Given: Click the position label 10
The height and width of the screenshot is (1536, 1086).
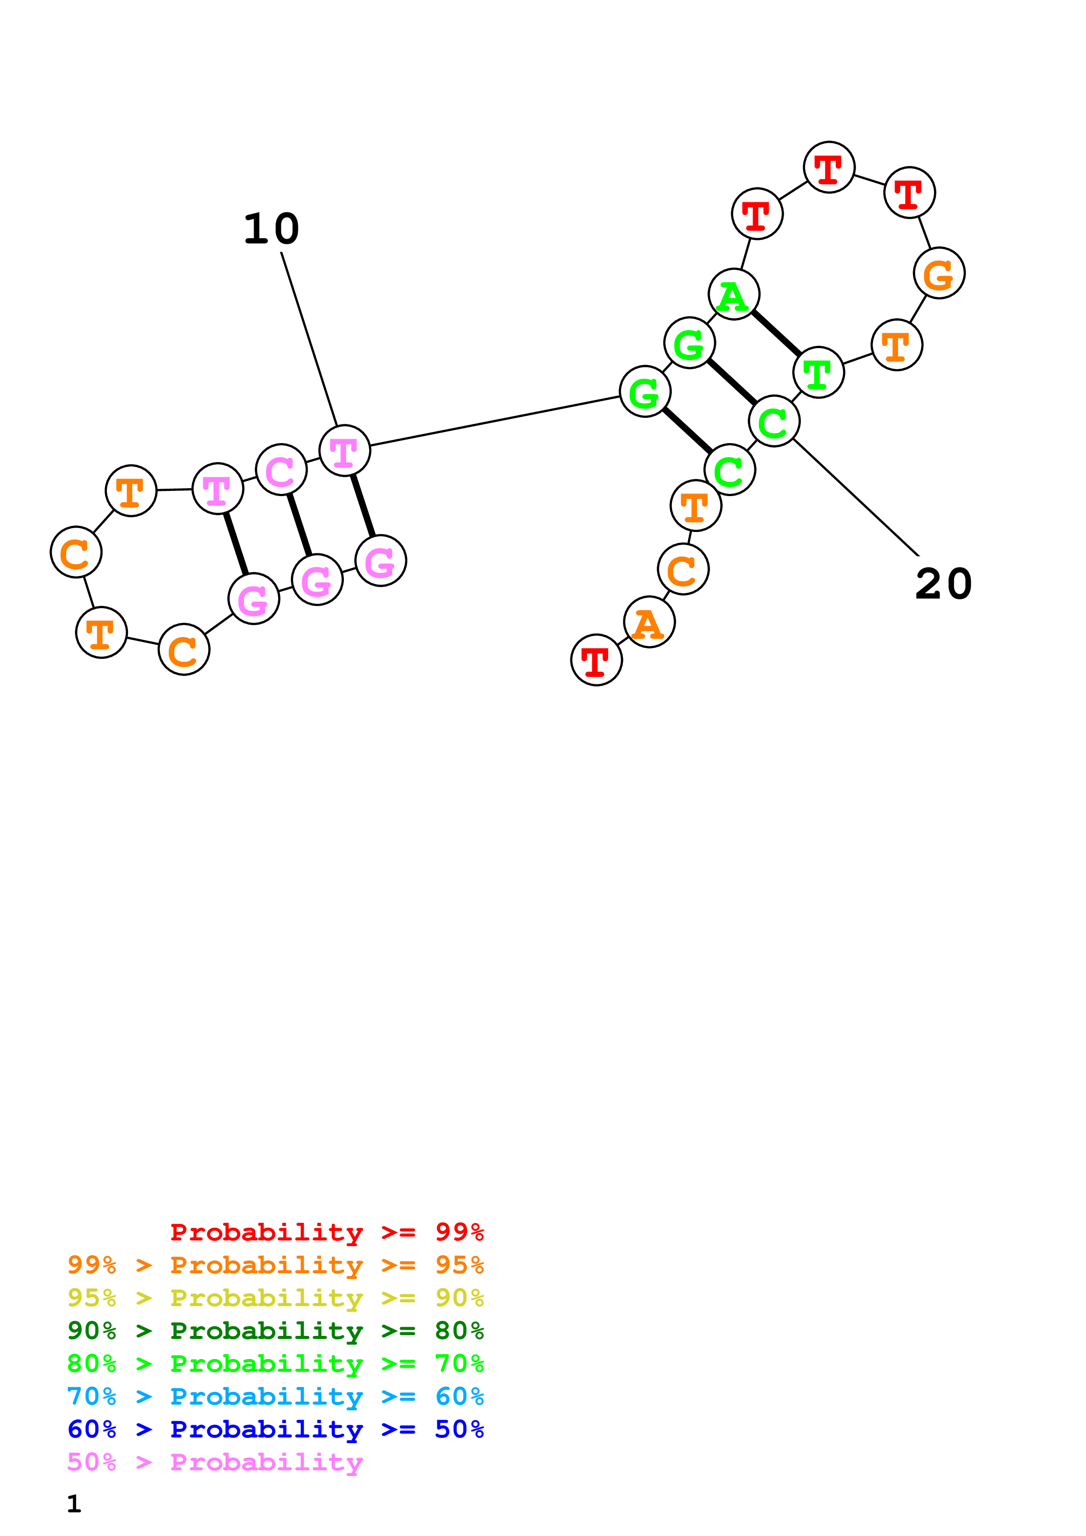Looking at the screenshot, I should point(271,229).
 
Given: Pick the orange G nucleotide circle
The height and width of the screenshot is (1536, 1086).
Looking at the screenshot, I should point(939,273).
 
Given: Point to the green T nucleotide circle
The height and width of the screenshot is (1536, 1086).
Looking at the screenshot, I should point(818,373).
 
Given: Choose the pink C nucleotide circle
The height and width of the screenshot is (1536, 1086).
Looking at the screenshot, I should point(281,470).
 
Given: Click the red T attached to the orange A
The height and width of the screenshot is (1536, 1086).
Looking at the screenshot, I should point(596,659).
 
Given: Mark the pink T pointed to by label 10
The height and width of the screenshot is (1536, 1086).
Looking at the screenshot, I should point(345,450).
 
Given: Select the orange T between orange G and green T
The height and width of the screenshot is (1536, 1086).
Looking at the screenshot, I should point(897,345).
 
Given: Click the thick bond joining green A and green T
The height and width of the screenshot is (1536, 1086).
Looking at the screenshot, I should point(776,334).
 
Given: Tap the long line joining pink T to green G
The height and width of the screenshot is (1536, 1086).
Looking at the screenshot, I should point(495,420).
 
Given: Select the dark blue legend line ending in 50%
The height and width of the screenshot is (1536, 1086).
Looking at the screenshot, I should point(275,1429).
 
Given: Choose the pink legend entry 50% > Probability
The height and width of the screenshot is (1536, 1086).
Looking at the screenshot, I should point(215,1462).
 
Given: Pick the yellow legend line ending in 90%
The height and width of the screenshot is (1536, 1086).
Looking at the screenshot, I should point(275,1298).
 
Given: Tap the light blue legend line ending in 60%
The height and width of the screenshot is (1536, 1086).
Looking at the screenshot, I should point(275,1396).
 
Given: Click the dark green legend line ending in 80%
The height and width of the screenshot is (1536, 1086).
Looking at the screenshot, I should point(275,1331).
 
